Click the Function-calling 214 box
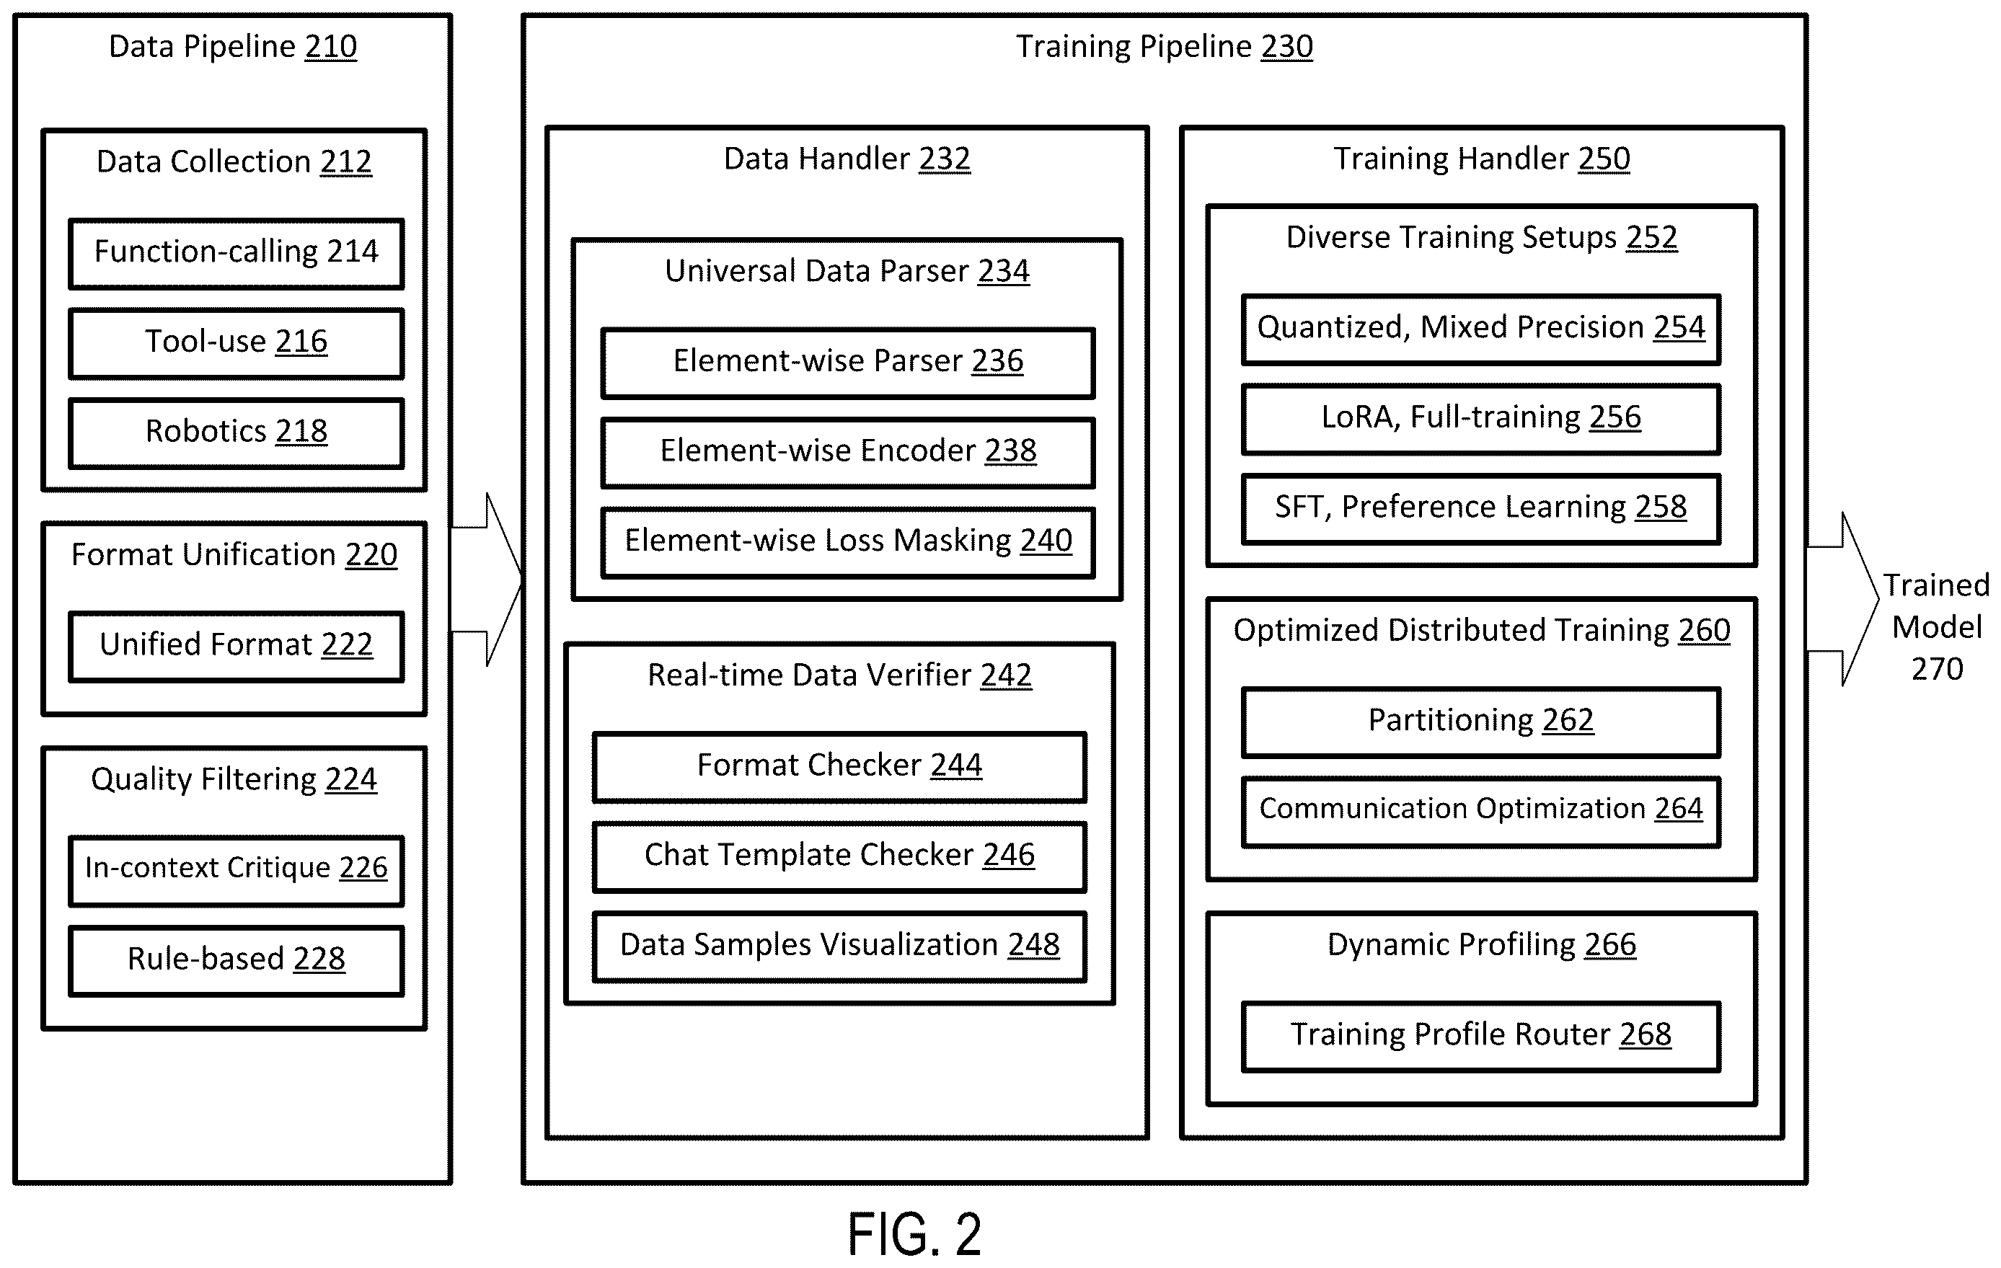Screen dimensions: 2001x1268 (x=237, y=254)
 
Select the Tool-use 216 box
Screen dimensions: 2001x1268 (x=237, y=343)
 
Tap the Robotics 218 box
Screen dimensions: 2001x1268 (x=237, y=433)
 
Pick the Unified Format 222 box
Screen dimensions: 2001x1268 (x=237, y=647)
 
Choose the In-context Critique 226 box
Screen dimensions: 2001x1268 (x=237, y=870)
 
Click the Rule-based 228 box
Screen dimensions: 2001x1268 (x=237, y=961)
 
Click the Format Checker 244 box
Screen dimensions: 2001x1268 (x=839, y=767)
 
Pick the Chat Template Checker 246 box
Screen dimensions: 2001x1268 (x=839, y=856)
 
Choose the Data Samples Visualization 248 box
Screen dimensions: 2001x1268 (x=839, y=946)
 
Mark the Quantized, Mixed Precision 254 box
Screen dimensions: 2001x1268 (x=1481, y=329)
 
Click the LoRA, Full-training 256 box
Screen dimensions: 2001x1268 (x=1481, y=419)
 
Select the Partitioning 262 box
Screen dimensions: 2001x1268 (x=1481, y=722)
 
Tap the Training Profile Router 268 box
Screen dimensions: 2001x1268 (x=1481, y=1036)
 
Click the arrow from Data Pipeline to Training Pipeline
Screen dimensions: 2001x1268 (x=487, y=579)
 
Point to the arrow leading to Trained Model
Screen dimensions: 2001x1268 (x=1843, y=599)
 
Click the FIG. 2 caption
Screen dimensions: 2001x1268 (x=914, y=1234)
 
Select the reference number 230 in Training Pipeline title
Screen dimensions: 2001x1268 (x=1286, y=47)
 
